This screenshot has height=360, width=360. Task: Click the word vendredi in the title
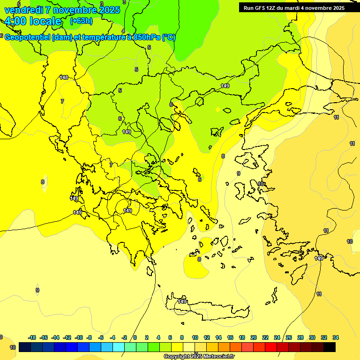tap(22, 10)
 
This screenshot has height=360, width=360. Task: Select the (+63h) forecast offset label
tap(81, 21)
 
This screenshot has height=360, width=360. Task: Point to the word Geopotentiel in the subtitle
tap(28, 37)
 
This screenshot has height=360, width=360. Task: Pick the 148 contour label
tap(64, 77)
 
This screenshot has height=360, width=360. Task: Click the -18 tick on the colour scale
tap(32, 337)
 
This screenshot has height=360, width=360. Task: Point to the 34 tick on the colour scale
tap(336, 337)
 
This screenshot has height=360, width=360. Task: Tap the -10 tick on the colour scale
tap(79, 337)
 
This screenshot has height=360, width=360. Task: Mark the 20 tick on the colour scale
tap(254, 337)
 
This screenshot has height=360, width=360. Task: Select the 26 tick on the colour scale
tap(289, 337)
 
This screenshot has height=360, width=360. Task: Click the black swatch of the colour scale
tap(330, 347)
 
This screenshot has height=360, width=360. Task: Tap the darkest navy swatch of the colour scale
tap(25, 347)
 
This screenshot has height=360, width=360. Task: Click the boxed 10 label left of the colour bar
tap(13, 347)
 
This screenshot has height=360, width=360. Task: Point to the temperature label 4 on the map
tap(123, 31)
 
